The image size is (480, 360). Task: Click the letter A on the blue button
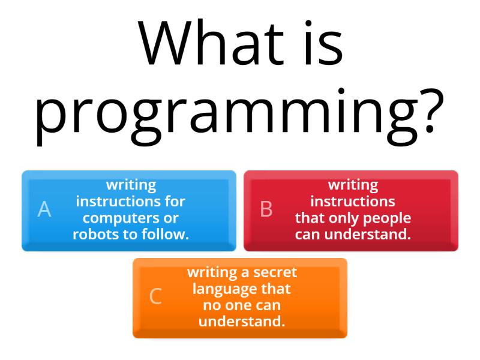[x=44, y=209]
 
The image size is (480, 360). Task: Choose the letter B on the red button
[x=266, y=209]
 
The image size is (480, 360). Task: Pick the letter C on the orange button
[x=155, y=296]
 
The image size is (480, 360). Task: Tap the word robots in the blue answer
[x=97, y=235]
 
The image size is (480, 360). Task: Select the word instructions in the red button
[x=353, y=201]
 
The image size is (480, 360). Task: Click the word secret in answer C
[x=274, y=272]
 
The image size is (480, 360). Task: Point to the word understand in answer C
[x=241, y=322]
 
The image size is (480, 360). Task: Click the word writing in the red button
[x=353, y=185]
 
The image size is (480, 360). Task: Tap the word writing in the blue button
[x=131, y=185]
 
